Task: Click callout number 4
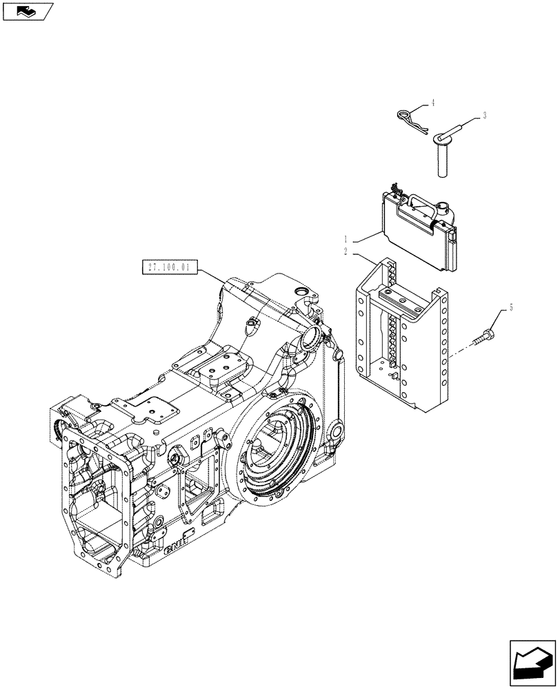[432, 103]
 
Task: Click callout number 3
[484, 116]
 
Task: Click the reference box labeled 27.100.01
[168, 265]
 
